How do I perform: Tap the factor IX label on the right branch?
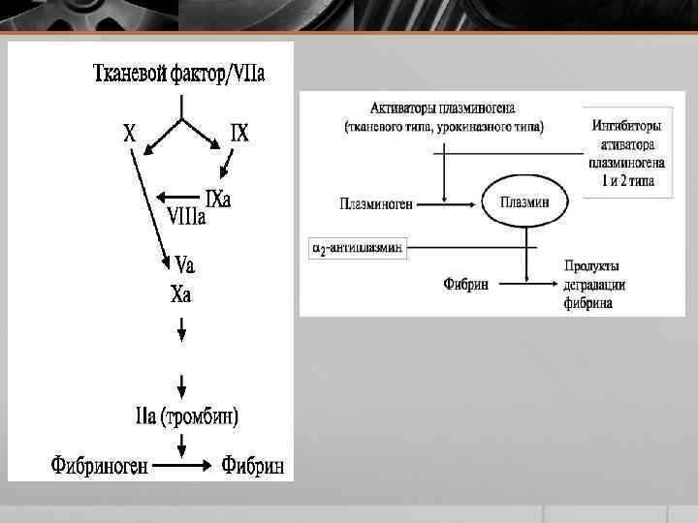(x=238, y=133)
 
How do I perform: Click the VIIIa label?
(x=187, y=216)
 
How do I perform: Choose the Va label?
(x=185, y=262)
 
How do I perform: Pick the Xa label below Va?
(x=181, y=294)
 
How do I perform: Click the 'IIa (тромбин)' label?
(x=187, y=417)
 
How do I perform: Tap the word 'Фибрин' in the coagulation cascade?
(x=253, y=466)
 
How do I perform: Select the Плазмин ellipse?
(x=524, y=202)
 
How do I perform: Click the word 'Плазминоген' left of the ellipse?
(x=377, y=203)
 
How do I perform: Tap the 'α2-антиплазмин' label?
(x=356, y=249)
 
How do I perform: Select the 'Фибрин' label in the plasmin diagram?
(x=465, y=284)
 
